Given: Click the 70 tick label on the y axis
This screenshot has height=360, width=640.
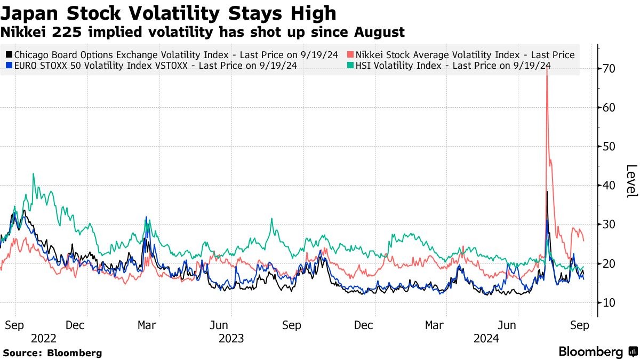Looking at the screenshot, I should coord(610,69).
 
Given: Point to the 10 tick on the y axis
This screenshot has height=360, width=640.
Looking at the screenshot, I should coord(610,302).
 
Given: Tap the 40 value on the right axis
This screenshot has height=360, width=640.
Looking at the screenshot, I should coord(610,186).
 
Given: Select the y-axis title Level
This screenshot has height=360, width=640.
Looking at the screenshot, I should coord(630,181).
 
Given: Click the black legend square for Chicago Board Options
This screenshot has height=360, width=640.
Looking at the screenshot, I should coord(9,55).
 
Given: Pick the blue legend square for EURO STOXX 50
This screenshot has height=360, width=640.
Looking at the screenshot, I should coord(9,66).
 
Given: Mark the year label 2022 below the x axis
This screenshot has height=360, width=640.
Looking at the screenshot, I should coord(44,338).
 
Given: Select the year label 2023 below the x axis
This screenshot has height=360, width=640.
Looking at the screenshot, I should coord(231,338).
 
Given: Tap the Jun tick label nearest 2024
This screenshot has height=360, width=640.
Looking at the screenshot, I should coord(508,325).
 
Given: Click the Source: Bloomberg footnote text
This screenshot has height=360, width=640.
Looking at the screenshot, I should coord(52,353).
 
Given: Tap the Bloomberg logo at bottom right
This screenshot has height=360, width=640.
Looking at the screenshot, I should coord(597,352).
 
